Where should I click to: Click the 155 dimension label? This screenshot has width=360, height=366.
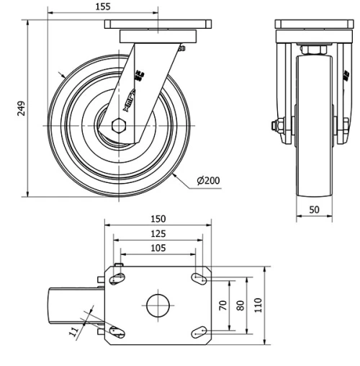(x=102, y=6)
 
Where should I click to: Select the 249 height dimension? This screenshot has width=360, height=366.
(x=21, y=108)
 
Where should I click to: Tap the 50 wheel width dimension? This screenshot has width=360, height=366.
(x=314, y=209)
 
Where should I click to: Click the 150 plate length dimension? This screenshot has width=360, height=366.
(x=158, y=218)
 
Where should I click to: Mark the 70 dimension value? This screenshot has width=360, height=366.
(x=224, y=305)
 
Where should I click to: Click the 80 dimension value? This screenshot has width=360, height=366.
(x=240, y=305)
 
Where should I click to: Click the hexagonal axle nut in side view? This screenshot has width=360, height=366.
(x=120, y=125)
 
